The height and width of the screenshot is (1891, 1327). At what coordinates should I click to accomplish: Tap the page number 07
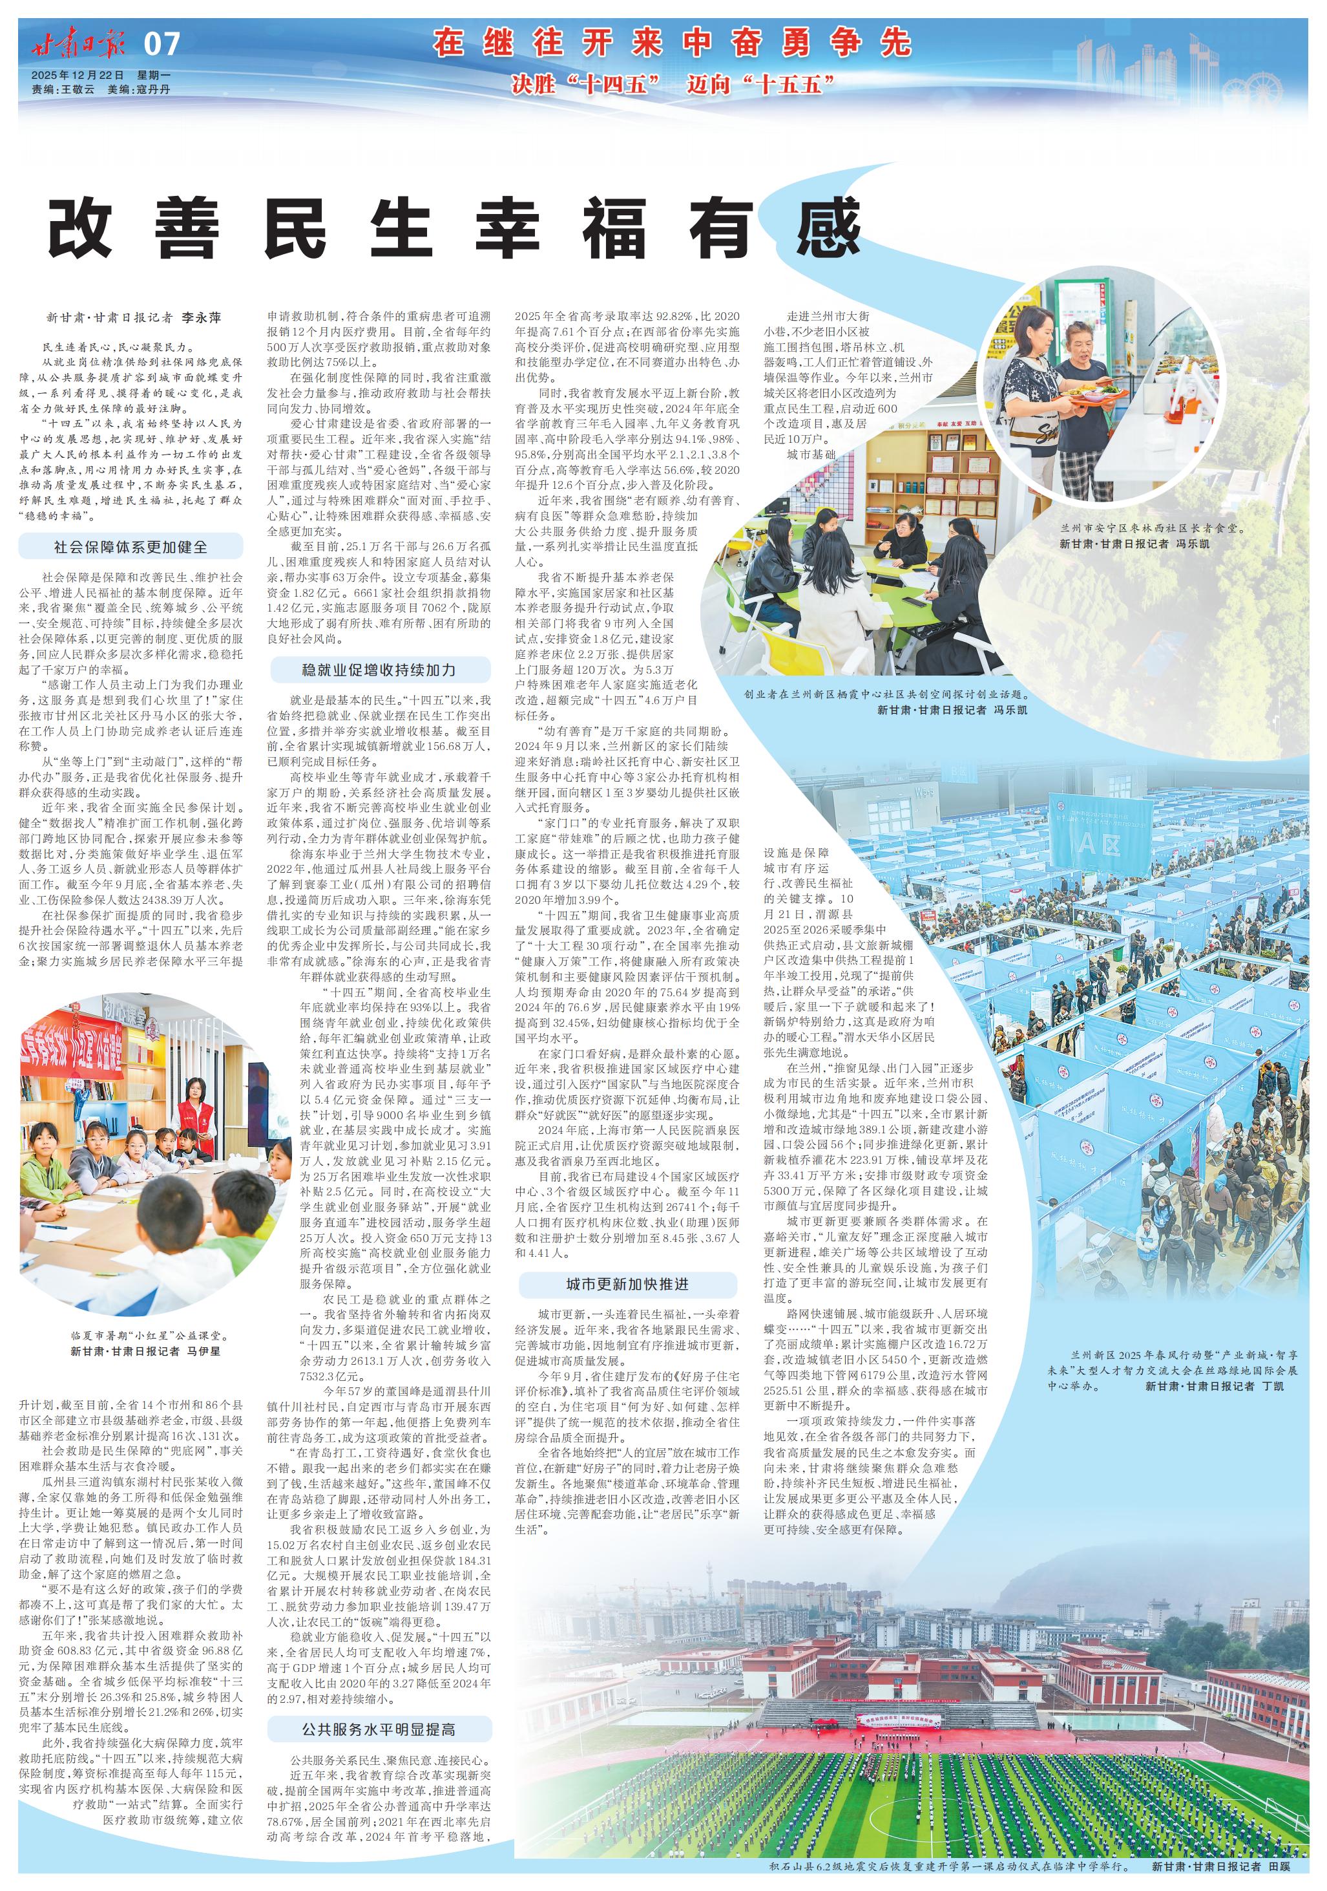pos(162,45)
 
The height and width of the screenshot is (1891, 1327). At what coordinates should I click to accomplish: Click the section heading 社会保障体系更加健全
pos(131,547)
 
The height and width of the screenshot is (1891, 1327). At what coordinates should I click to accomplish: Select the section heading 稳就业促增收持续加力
pos(379,670)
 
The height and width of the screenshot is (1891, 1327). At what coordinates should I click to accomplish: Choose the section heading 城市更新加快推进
pos(627,1284)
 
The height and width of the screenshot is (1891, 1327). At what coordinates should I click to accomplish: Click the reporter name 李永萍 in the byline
pos(202,317)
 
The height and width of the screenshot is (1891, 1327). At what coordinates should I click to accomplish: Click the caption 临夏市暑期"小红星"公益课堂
pos(147,1336)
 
